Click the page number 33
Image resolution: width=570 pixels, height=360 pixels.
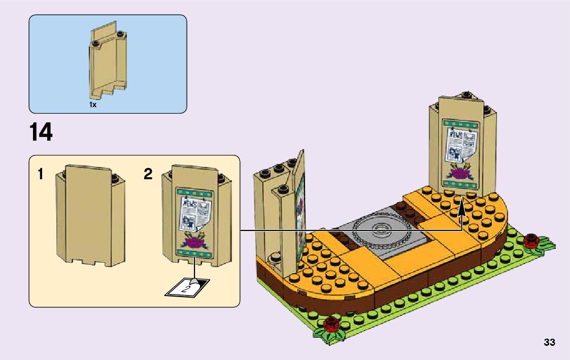coord(549,342)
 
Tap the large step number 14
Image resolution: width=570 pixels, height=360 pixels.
coord(41,133)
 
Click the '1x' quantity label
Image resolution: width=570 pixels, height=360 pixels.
coord(93,105)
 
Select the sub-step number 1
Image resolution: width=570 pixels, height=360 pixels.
coord(40,175)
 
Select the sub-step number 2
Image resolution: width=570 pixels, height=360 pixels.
coord(148,175)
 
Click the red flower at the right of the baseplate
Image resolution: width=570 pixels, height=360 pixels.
coord(532,240)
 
